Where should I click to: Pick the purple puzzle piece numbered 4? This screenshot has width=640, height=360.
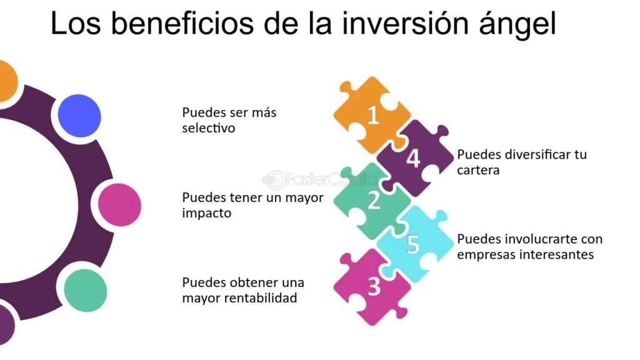pos(414,158)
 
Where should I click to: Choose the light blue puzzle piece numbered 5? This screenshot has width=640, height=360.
pos(414,244)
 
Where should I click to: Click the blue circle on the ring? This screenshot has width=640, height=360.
pos(79,116)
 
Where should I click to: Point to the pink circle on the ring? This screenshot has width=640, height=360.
pos(119,205)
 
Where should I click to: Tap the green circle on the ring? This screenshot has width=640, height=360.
pos(85,291)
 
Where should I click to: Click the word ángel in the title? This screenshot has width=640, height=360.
pos(517,23)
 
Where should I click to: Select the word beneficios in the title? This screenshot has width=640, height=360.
pos(182,24)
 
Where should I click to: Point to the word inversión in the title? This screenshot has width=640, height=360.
pos(405,24)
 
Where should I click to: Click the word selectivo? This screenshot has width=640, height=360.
pos(209,128)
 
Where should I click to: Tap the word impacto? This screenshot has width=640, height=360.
pos(206,214)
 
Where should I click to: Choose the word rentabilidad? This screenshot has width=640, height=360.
pos(257,298)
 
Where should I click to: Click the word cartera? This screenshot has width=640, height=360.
pos(478,170)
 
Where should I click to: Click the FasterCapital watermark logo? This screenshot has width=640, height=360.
pos(321,179)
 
